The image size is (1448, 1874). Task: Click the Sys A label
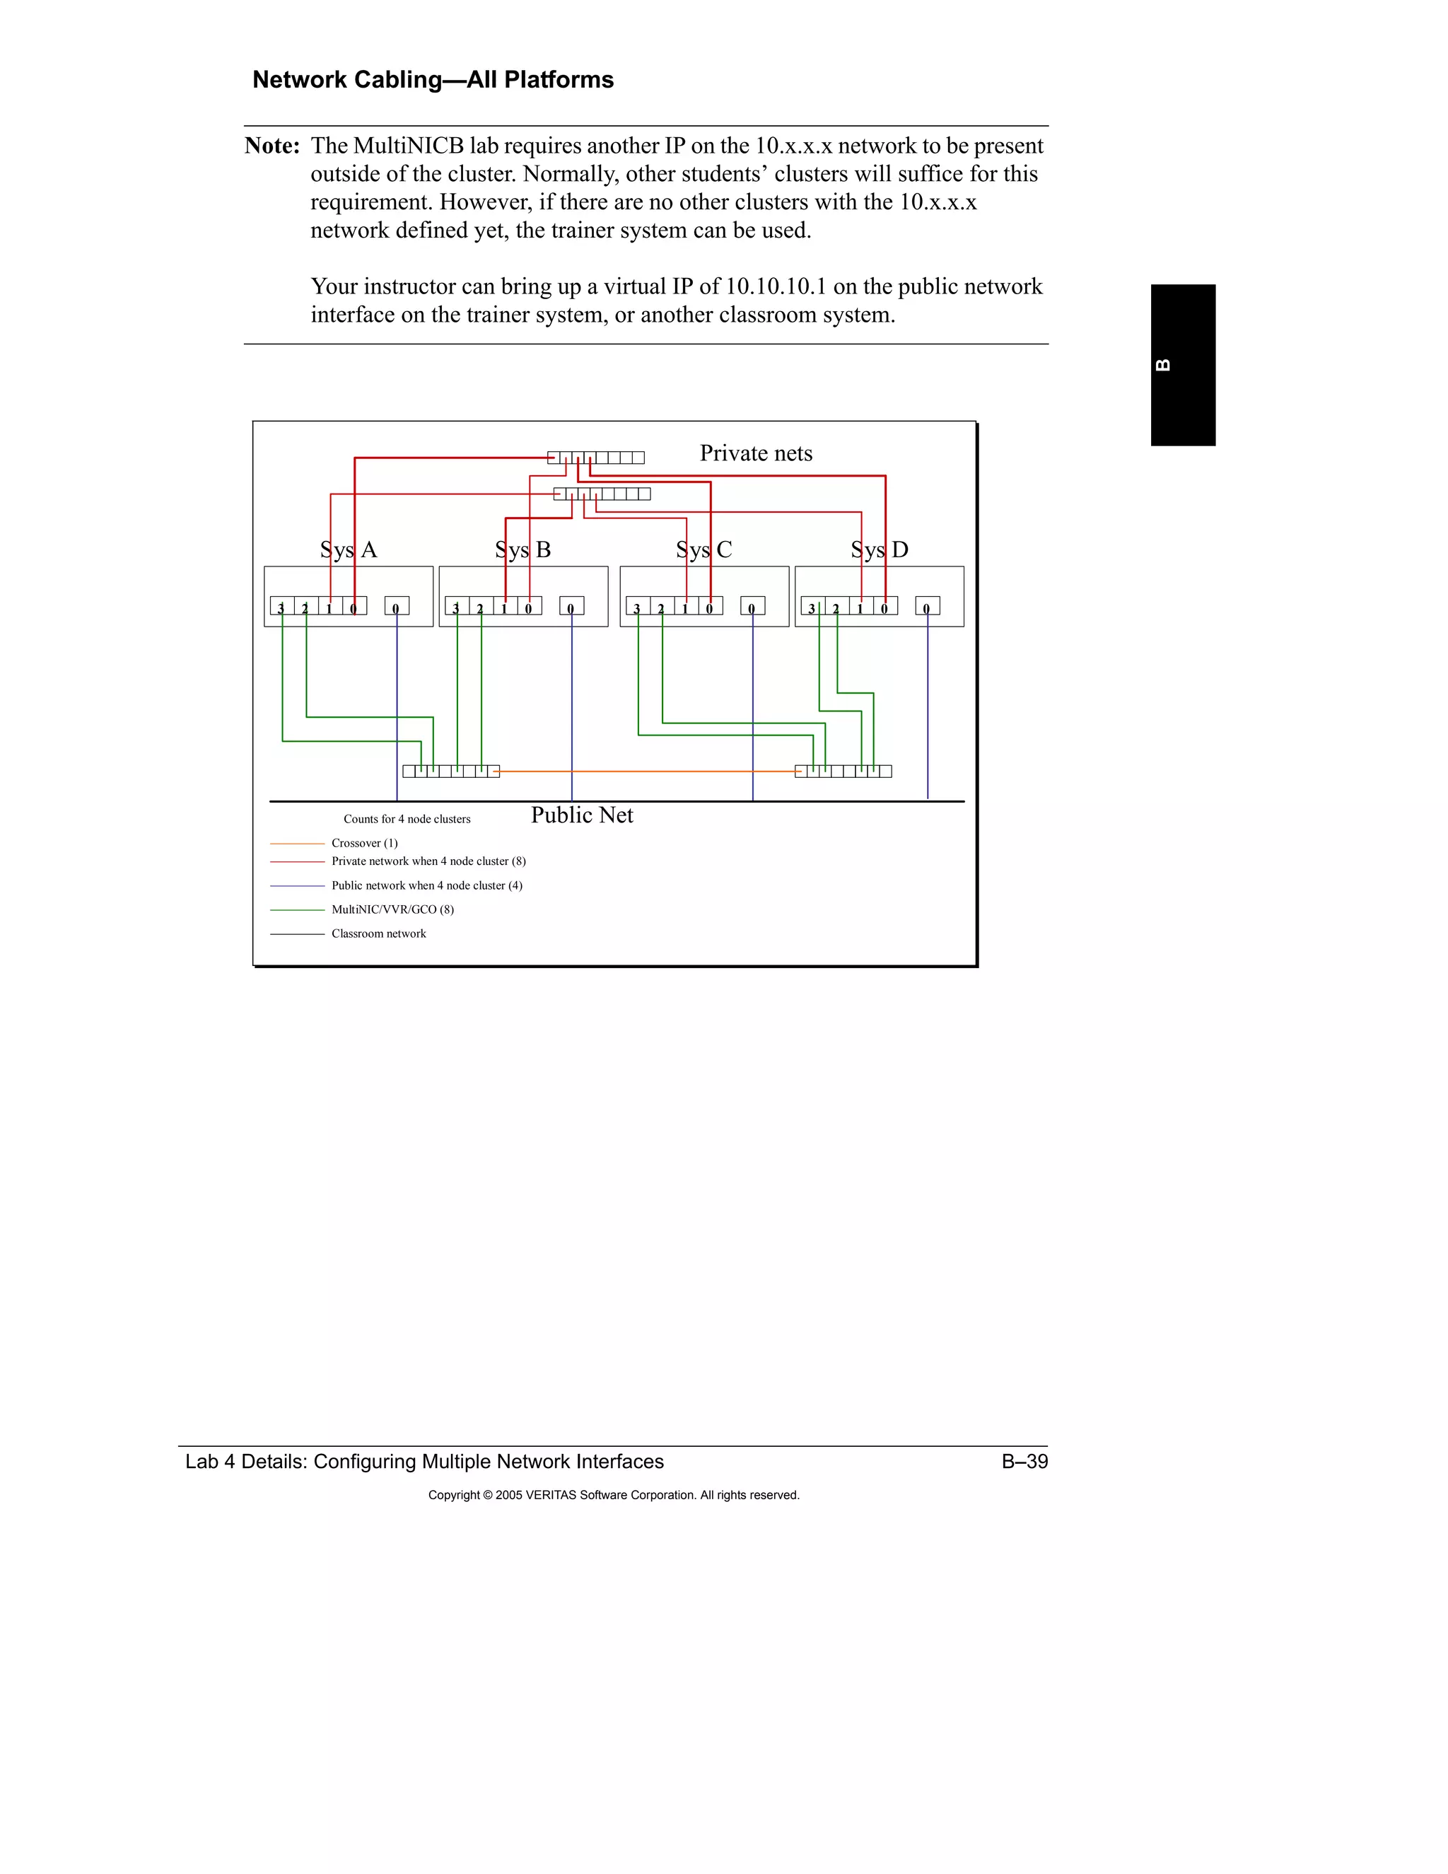pyautogui.click(x=349, y=549)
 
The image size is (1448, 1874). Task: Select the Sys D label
pyautogui.click(x=880, y=549)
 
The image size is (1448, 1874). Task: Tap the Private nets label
pyautogui.click(x=756, y=453)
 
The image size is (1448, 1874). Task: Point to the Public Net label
pyautogui.click(x=582, y=815)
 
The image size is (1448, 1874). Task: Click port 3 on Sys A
pyautogui.click(x=281, y=607)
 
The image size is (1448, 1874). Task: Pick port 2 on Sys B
pyautogui.click(x=480, y=607)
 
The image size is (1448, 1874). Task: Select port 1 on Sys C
pyautogui.click(x=685, y=607)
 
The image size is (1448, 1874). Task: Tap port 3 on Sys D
pyautogui.click(x=812, y=607)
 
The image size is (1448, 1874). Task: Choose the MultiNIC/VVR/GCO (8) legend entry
pyautogui.click(x=392, y=909)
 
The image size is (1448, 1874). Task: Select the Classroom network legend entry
pyautogui.click(x=378, y=933)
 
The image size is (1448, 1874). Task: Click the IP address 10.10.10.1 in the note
pyautogui.click(x=776, y=286)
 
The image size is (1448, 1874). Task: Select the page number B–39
pyautogui.click(x=1024, y=1461)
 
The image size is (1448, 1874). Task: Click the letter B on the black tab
pyautogui.click(x=1163, y=365)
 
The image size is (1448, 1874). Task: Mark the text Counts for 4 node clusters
pyautogui.click(x=407, y=820)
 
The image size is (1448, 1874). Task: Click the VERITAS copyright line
pyautogui.click(x=613, y=1495)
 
